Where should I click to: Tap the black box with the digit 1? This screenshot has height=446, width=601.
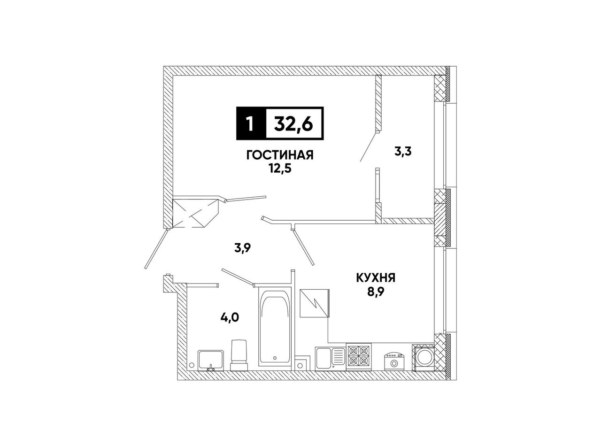(251, 123)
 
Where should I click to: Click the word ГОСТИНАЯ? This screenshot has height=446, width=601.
(280, 155)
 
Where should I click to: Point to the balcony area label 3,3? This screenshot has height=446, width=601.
(403, 152)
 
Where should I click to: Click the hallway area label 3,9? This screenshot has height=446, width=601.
(243, 248)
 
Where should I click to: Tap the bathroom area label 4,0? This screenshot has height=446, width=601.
(230, 317)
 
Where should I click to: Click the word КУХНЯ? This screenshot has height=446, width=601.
(375, 278)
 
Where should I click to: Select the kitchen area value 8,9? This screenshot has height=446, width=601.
(376, 292)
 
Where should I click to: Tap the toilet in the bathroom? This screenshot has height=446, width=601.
(239, 355)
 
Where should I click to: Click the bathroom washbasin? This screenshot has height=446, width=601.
(211, 360)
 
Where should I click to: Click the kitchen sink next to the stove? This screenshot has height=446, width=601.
(330, 358)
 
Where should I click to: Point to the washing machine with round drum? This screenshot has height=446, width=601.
(423, 357)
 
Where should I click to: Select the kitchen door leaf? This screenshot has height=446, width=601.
(303, 247)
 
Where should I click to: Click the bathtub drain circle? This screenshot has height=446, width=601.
(275, 358)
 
